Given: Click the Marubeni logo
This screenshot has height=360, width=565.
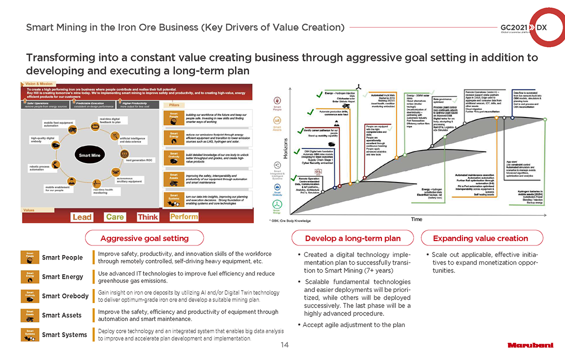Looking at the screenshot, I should (x=531, y=345).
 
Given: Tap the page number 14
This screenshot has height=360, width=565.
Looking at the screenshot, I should (x=284, y=344).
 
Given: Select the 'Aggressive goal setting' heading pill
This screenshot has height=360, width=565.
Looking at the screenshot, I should (x=144, y=238).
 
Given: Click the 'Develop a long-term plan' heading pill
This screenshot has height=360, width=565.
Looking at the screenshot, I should (x=353, y=238).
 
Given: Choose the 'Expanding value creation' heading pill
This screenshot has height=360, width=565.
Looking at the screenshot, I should (x=480, y=238).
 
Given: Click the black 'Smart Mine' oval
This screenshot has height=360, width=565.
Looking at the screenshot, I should (x=88, y=155).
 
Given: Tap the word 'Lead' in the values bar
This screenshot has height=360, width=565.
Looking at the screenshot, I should (x=82, y=217).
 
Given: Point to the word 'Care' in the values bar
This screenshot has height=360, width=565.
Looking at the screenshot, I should (x=114, y=217).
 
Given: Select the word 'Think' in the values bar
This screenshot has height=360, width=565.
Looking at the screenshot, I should (x=148, y=217).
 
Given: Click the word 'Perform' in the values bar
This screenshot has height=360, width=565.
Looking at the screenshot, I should (x=184, y=217).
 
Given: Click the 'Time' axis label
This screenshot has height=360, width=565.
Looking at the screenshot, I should (x=416, y=219).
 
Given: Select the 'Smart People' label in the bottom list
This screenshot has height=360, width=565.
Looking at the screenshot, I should (x=62, y=257).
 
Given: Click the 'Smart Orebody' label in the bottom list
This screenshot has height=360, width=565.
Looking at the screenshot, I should (x=65, y=296).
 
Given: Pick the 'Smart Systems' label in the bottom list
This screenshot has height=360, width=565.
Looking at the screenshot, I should (x=64, y=334).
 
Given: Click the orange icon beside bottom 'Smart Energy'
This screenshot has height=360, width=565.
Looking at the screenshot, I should (x=30, y=276).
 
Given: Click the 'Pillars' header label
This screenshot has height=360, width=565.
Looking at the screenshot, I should (x=175, y=105).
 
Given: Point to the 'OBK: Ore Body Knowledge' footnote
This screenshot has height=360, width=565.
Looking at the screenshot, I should (x=290, y=220).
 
